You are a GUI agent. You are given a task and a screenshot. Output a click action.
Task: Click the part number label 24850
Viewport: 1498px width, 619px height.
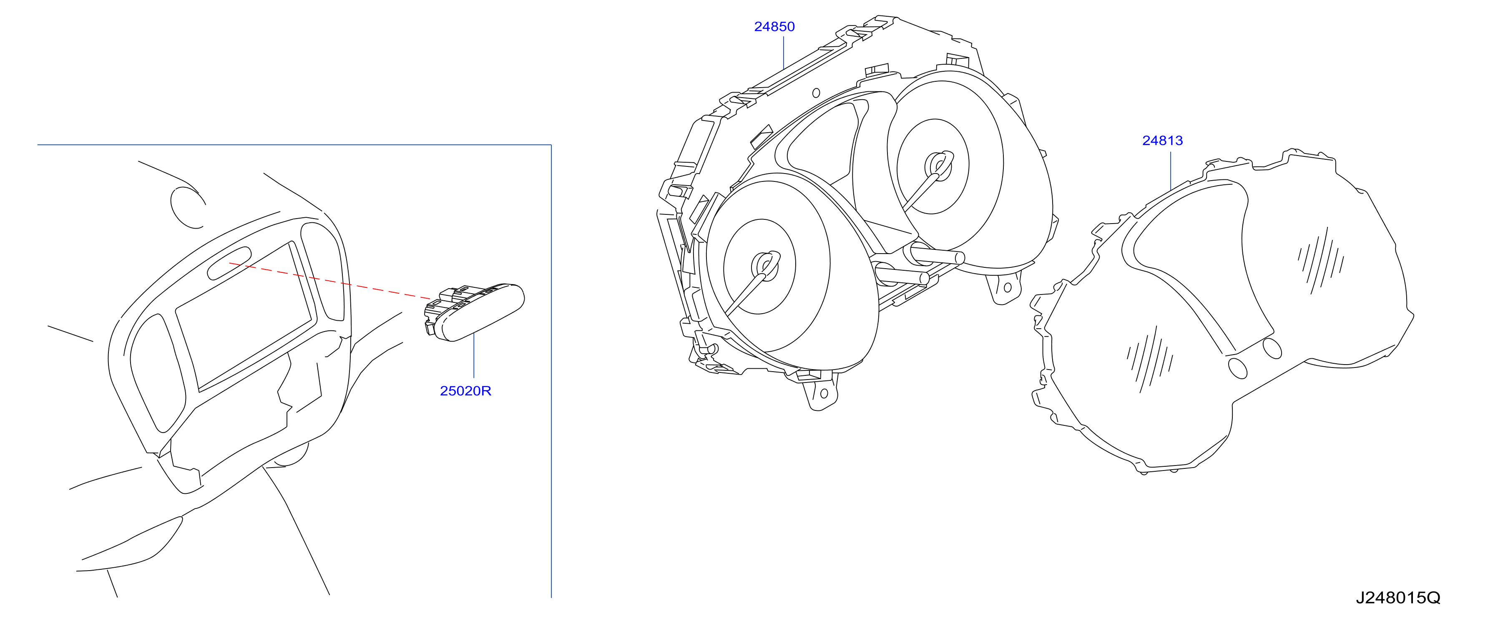(774, 27)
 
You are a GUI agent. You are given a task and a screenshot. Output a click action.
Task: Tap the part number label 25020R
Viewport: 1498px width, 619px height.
(465, 391)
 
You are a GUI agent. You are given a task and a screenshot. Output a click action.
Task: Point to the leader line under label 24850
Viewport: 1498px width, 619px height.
(784, 53)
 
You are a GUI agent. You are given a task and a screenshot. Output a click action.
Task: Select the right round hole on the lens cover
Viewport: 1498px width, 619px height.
(1272, 348)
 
